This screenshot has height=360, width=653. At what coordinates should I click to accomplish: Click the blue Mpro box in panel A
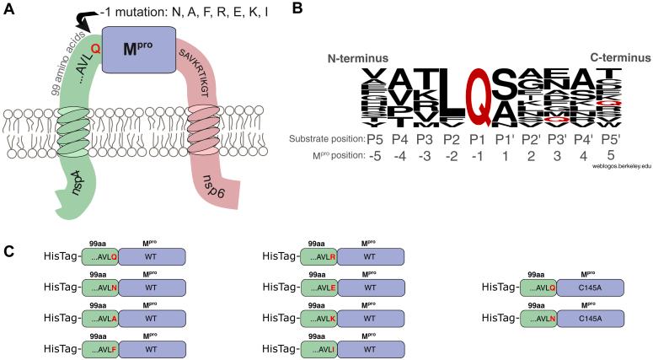click(x=139, y=48)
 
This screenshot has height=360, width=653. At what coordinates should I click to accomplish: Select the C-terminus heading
click(x=619, y=58)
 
